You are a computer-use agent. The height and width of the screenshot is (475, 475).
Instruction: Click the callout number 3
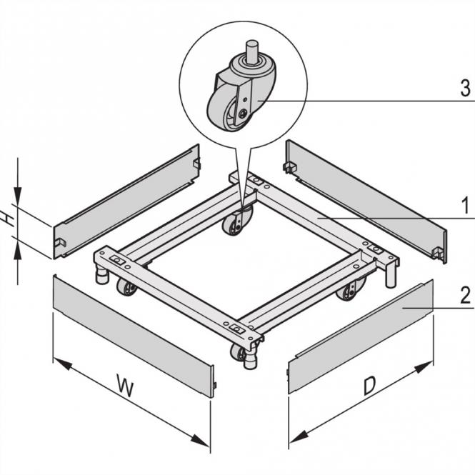(x=464, y=89)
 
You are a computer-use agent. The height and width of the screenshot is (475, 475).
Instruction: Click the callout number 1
(x=464, y=207)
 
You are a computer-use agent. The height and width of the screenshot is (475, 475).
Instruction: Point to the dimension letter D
(x=369, y=386)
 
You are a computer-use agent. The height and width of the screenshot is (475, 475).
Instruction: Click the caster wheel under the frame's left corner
(x=126, y=289)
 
